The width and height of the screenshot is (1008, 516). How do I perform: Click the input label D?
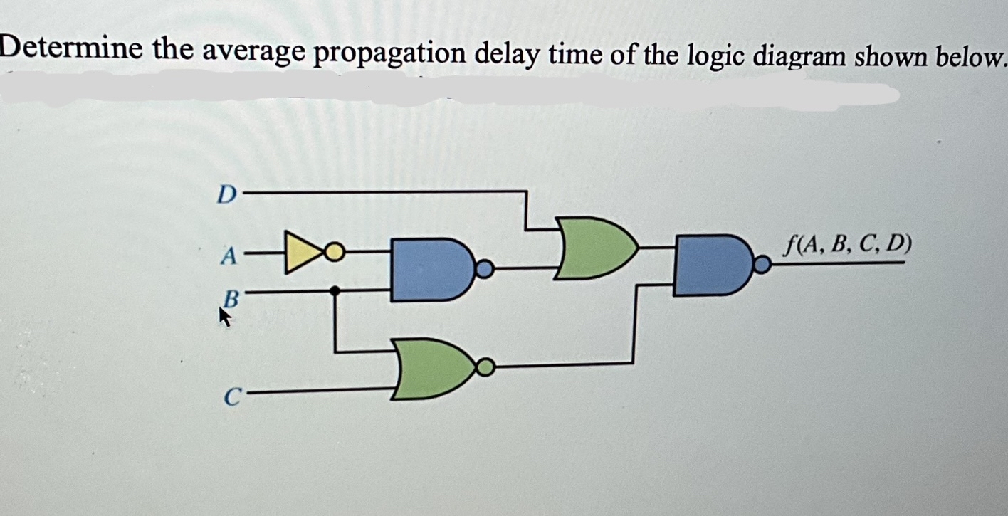click(x=226, y=194)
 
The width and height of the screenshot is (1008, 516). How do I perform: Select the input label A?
click(x=227, y=254)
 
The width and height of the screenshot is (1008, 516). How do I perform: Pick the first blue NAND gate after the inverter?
click(x=429, y=269)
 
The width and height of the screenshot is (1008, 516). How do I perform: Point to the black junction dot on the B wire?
click(x=335, y=290)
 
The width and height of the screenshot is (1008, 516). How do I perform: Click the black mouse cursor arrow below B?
click(x=225, y=318)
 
